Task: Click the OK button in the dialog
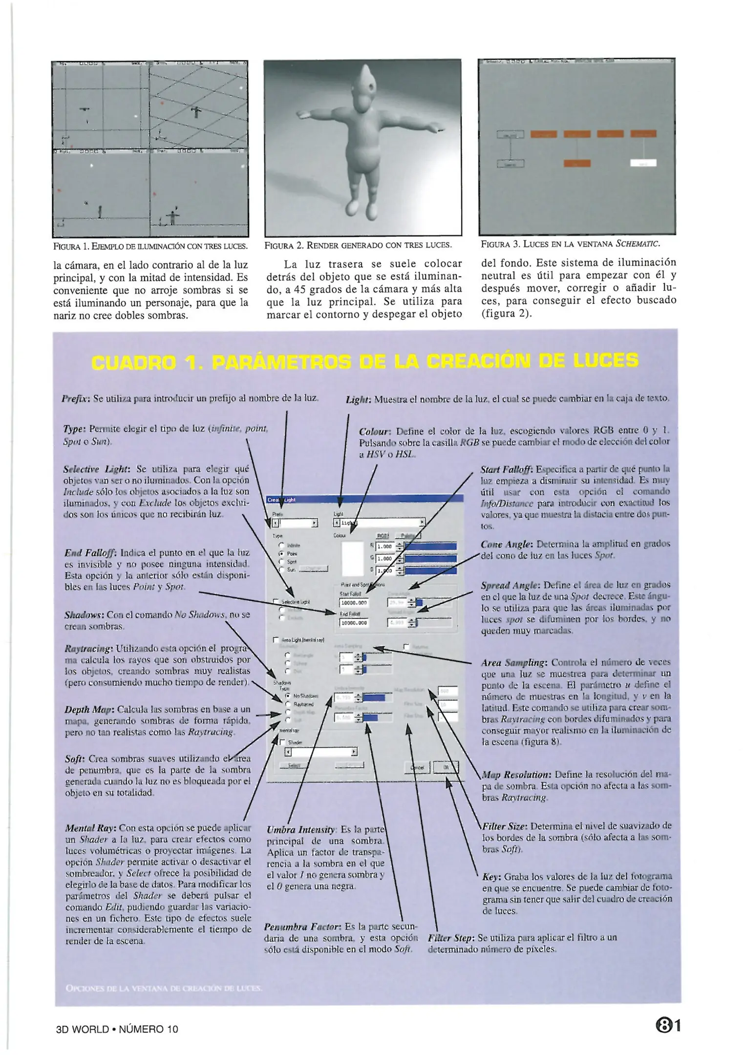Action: click(446, 767)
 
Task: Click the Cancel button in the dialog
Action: click(417, 767)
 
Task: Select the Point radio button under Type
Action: click(281, 554)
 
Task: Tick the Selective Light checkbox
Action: click(276, 602)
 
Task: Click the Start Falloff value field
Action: click(354, 603)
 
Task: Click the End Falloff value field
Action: click(354, 623)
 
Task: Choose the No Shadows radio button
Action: click(288, 696)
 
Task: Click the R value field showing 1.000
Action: click(385, 547)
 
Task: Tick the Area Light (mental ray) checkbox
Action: click(276, 639)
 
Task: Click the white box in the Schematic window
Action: click(643, 164)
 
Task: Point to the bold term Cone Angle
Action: click(506, 544)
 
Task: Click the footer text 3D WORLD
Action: click(83, 1029)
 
